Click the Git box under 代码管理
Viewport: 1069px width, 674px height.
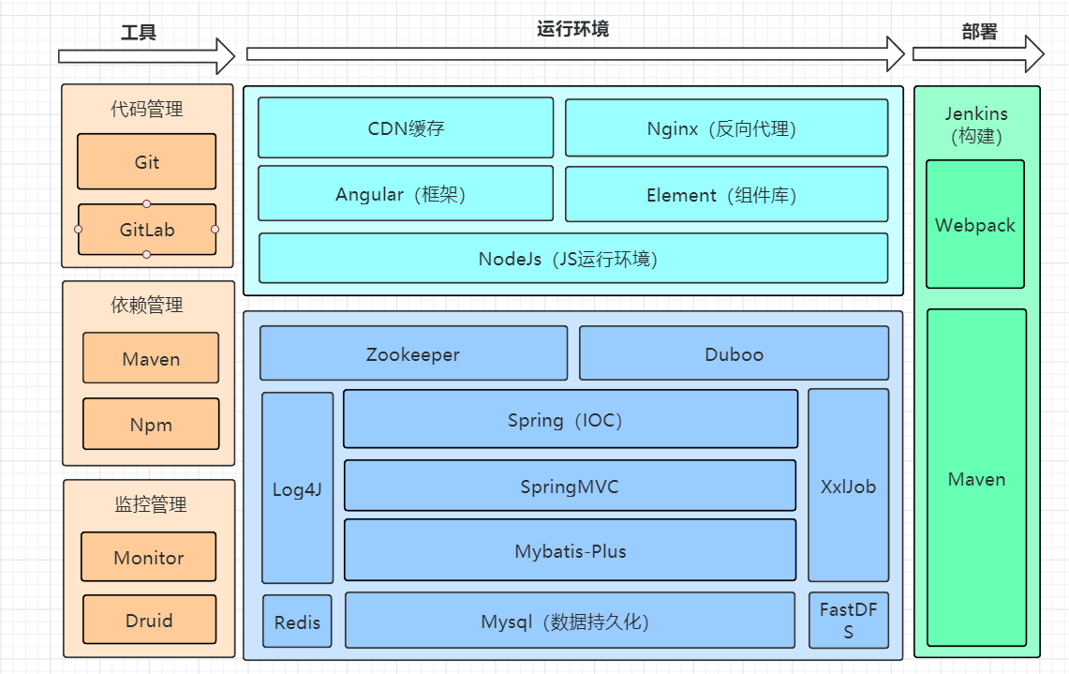146,162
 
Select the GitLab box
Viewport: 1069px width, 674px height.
147,230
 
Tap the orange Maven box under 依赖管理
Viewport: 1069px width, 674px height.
151,359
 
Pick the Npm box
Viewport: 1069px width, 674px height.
151,425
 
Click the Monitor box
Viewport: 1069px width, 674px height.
148,558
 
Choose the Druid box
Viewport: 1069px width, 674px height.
149,621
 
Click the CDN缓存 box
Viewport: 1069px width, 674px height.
406,128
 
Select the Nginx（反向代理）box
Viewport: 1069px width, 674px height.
726,128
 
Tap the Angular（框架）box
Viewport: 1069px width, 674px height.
406,194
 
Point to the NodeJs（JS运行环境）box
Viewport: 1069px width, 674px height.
572,259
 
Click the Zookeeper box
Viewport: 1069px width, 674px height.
413,353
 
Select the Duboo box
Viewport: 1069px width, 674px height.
734,353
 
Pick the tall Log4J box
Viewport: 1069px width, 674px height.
297,488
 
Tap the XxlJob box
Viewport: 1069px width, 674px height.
848,487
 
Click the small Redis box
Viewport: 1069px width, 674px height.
297,622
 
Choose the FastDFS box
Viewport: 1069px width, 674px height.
848,621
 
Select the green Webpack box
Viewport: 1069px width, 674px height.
975,225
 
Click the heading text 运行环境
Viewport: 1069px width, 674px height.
572,29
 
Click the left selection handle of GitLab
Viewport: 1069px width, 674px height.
79,230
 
